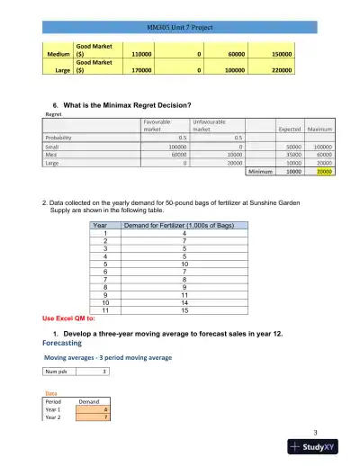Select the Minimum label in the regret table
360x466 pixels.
pyautogui.click(x=259, y=171)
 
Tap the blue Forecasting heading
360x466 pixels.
pyautogui.click(x=66, y=343)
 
